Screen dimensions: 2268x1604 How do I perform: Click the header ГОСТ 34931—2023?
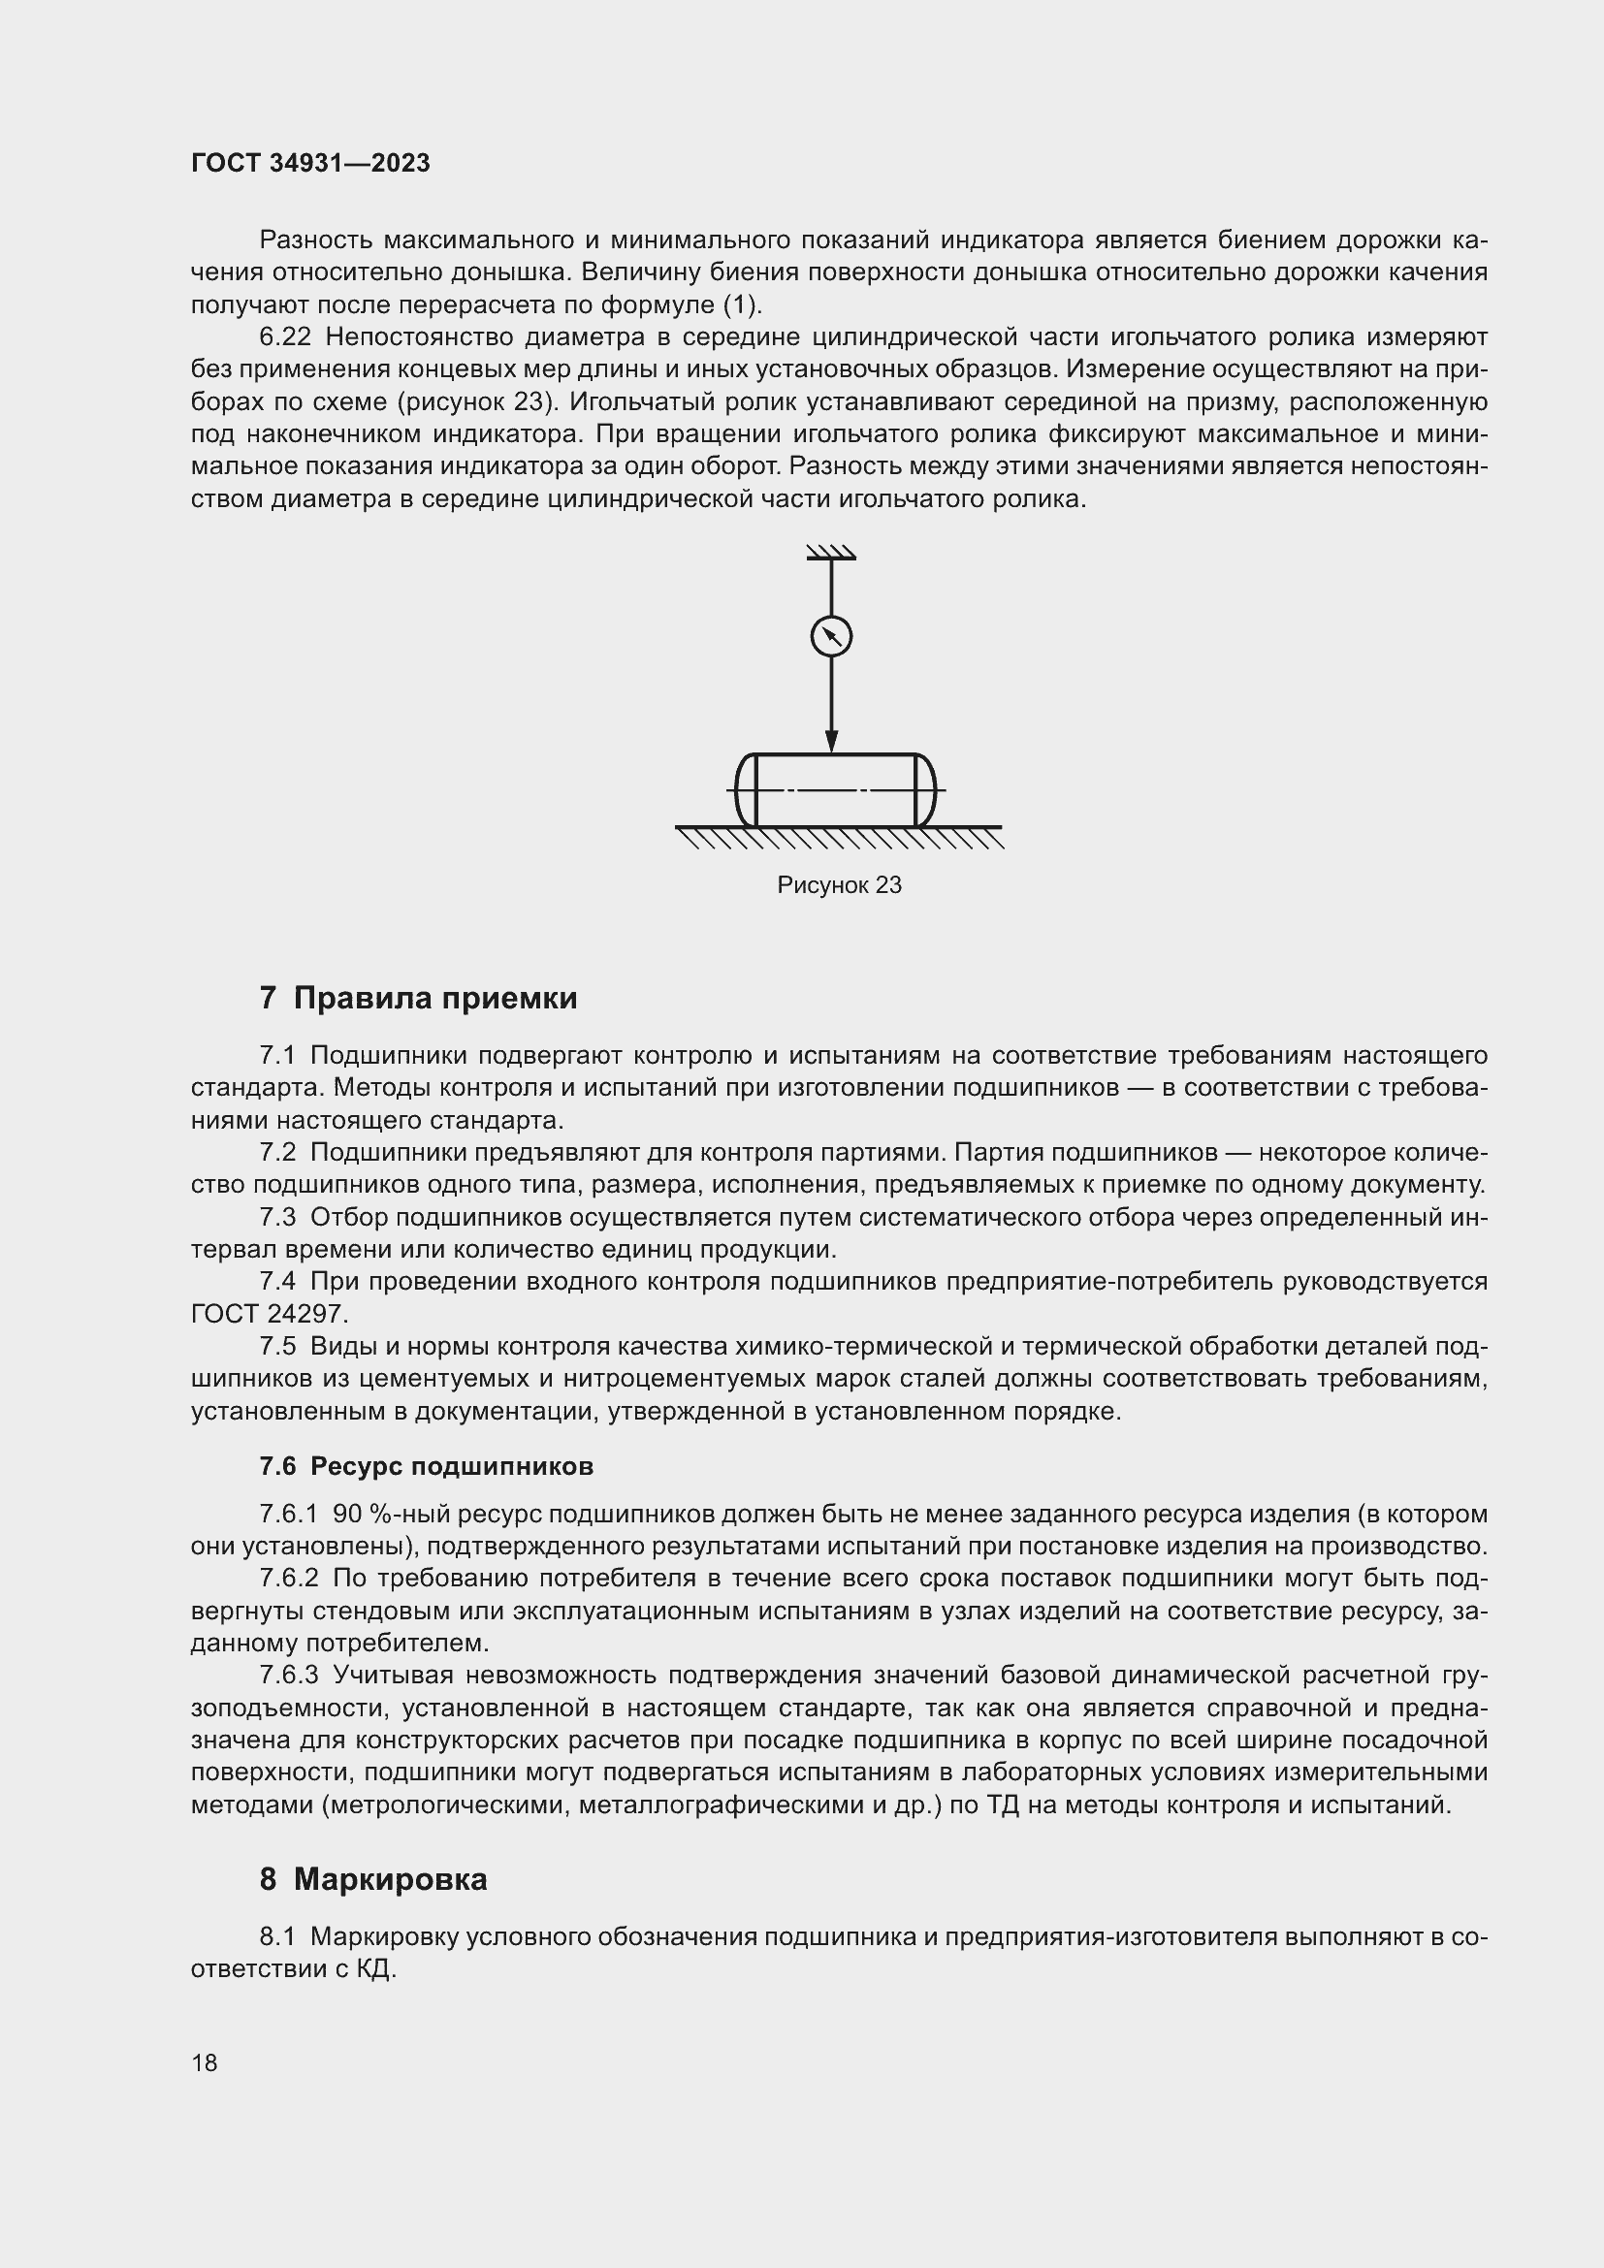(x=310, y=163)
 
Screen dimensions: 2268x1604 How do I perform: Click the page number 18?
(x=205, y=2062)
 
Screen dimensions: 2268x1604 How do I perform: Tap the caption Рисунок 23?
(x=839, y=885)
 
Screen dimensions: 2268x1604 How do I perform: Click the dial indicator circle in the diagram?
(x=832, y=636)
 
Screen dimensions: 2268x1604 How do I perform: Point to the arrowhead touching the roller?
(x=832, y=741)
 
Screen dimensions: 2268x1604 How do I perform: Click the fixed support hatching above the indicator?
(x=831, y=553)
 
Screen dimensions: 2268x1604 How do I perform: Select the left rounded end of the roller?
(x=747, y=790)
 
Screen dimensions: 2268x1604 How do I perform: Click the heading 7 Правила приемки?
(x=419, y=999)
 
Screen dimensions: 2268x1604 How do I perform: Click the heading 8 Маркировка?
(x=373, y=1879)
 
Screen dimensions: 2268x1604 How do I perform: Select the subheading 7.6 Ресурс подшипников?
(x=427, y=1467)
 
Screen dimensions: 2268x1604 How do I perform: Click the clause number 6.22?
(x=284, y=337)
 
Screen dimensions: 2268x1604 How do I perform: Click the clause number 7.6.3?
(x=289, y=1677)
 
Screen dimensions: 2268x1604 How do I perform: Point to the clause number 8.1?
(x=277, y=1937)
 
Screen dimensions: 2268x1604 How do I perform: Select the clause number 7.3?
(x=277, y=1218)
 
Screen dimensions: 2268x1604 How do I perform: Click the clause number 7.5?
(x=277, y=1348)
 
